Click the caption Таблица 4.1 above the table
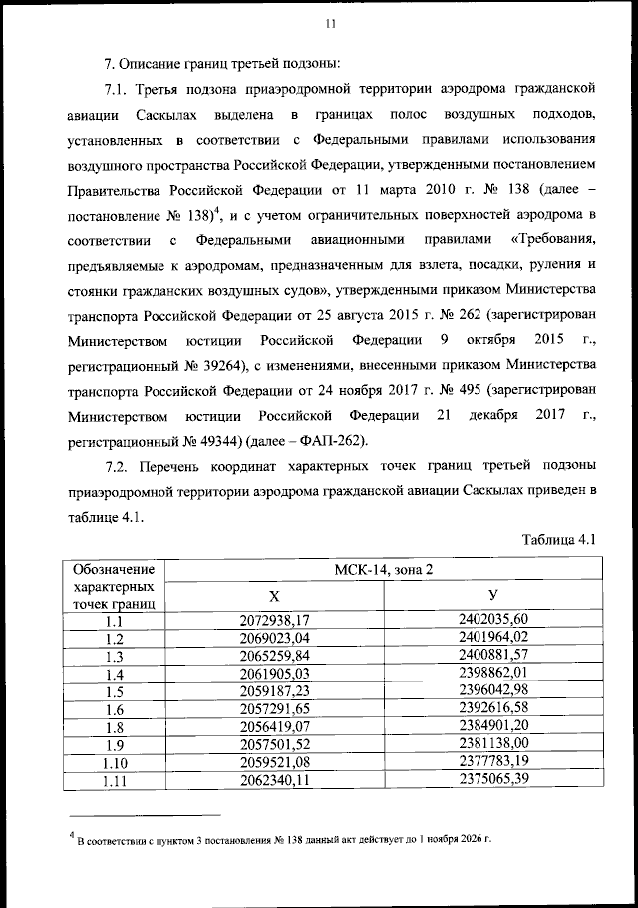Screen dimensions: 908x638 558,539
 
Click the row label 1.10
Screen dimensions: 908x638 114,764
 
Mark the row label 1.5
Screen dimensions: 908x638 114,692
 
